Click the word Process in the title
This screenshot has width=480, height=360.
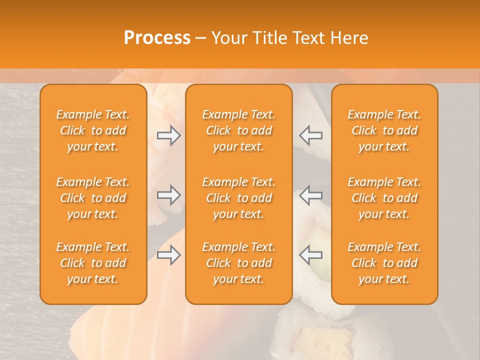[x=157, y=38]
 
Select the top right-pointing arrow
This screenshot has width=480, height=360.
[x=169, y=135]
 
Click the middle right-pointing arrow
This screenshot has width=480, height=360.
[x=169, y=195]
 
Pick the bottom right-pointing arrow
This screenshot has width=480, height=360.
[x=169, y=255]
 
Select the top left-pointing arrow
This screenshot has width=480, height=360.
[x=311, y=135]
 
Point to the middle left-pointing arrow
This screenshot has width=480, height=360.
[x=311, y=195]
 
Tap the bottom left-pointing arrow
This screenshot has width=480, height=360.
[x=311, y=255]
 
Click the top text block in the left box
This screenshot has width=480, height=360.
[x=93, y=130]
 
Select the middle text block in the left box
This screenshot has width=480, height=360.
[x=93, y=198]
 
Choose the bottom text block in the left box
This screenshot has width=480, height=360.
[x=93, y=263]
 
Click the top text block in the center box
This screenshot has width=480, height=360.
[x=239, y=130]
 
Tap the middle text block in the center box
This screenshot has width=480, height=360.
[x=239, y=198]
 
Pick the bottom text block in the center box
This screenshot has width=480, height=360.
[x=239, y=263]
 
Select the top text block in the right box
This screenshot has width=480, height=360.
[x=384, y=130]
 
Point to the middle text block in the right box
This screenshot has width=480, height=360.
[x=384, y=198]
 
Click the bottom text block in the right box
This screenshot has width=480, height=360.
[x=384, y=263]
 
